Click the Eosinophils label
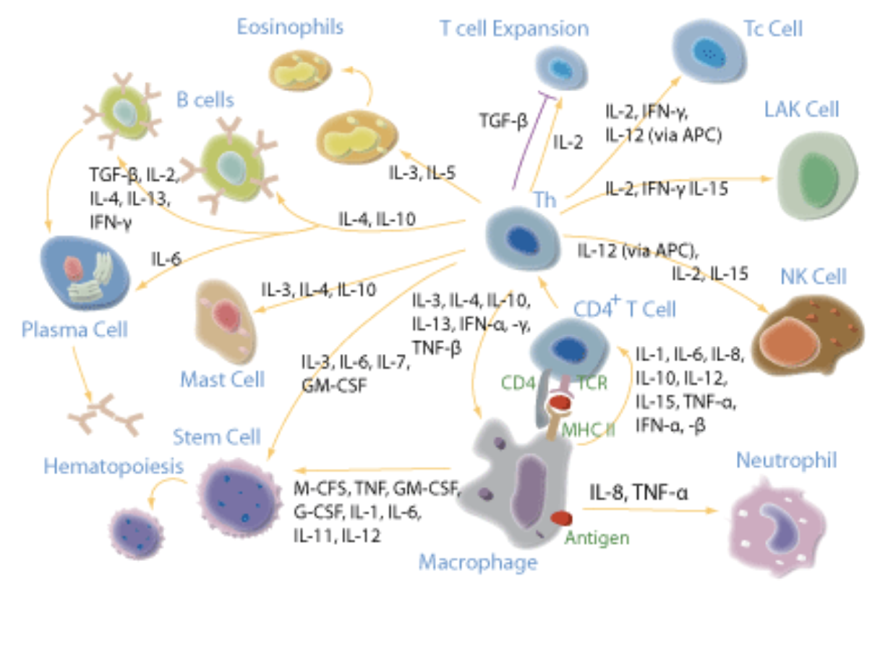point(290,28)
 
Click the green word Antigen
point(597,538)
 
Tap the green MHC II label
point(588,429)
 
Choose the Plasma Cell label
point(74,330)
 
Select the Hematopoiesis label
point(114,467)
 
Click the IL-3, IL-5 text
point(422,172)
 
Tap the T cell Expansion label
point(514,28)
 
